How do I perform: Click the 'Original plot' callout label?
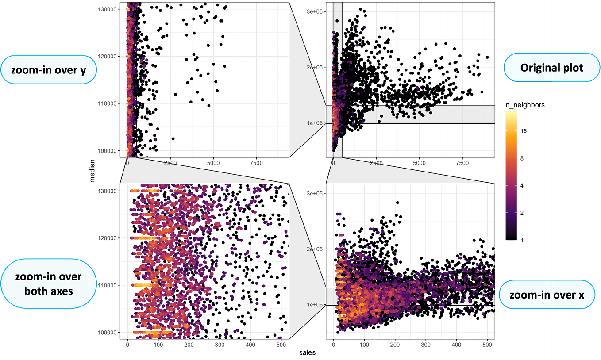[x=551, y=68]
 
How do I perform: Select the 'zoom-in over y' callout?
[x=49, y=70]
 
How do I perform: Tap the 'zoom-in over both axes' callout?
[x=49, y=283]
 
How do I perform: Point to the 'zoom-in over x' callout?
[x=547, y=295]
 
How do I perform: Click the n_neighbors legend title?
[x=525, y=105]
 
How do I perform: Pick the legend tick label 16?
[x=524, y=131]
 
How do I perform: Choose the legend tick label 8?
[x=522, y=158]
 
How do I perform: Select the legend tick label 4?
[x=522, y=185]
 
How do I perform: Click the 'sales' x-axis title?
[x=307, y=352]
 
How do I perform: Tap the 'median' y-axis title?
[x=92, y=171]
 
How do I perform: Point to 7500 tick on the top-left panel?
[x=256, y=163]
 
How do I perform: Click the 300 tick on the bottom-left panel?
[x=220, y=345]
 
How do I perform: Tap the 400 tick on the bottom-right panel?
[x=456, y=345]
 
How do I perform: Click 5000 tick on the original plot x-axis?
[x=420, y=163]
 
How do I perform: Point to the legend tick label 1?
[x=522, y=240]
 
